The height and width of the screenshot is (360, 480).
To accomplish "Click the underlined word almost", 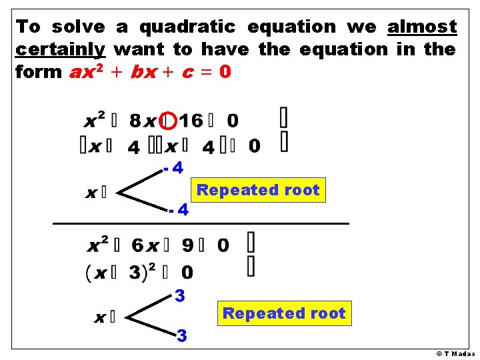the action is (x=422, y=27).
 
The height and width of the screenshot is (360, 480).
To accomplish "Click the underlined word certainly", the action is (x=61, y=49).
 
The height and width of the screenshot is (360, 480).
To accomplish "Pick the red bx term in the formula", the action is (x=144, y=72).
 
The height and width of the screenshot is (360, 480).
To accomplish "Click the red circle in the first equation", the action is (x=169, y=121).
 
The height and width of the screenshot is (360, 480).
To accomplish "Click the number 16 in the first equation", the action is (x=191, y=121).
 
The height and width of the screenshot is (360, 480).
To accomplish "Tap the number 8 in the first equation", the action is (x=135, y=121).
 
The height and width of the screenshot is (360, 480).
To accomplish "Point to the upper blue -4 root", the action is (x=174, y=168).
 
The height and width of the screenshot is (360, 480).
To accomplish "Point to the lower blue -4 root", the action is (x=179, y=211).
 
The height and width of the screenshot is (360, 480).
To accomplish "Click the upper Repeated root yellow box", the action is (x=258, y=190).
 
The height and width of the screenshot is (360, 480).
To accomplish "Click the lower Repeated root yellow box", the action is (x=284, y=313).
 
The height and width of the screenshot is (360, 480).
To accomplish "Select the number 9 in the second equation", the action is (x=188, y=246).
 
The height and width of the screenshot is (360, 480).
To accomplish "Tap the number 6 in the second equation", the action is (x=137, y=246).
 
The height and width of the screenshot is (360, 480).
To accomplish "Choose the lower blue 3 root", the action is (x=181, y=335).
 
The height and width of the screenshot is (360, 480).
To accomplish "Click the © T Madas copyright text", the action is (x=455, y=354).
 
